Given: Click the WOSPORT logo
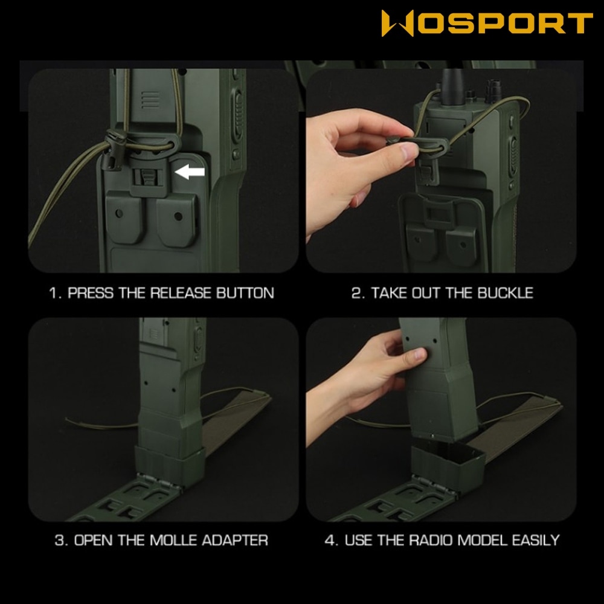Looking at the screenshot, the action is (x=487, y=23).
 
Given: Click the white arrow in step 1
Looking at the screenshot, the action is (x=190, y=172).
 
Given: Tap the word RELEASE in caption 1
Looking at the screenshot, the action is (x=181, y=293).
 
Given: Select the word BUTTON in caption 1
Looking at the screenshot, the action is (x=245, y=293).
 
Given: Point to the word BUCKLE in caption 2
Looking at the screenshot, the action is (x=506, y=293).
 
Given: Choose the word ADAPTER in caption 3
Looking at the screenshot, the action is (x=234, y=540).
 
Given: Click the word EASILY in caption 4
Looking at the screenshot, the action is (x=535, y=540).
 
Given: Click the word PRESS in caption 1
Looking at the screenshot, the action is (x=91, y=293).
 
